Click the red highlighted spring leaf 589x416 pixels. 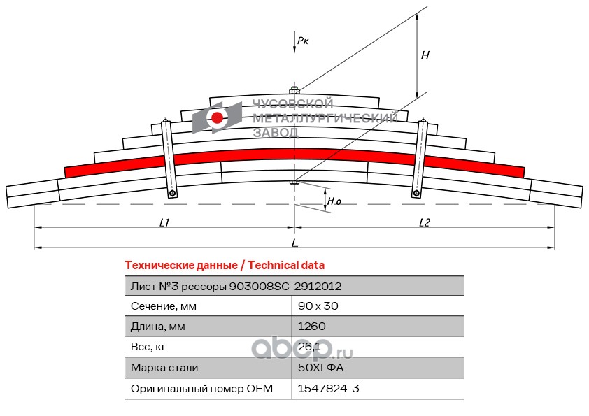(294, 155)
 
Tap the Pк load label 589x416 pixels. (303, 41)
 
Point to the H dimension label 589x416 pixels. (425, 55)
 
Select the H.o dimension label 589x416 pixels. (334, 201)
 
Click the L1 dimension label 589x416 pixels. (164, 222)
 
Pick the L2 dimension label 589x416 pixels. (425, 222)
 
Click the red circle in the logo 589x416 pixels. (217, 118)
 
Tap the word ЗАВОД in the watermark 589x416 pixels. (276, 133)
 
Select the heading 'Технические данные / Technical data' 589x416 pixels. (225, 266)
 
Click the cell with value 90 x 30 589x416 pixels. (318, 306)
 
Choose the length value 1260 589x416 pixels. (312, 327)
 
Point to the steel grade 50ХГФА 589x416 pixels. (321, 367)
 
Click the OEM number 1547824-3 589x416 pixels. (328, 388)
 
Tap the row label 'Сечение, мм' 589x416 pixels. (164, 306)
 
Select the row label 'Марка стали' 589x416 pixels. (164, 368)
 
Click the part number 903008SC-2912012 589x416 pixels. (285, 287)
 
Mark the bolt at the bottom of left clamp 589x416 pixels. (172, 194)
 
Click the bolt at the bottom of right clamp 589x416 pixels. (416, 194)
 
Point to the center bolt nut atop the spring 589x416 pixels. (294, 90)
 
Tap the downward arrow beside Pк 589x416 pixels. (294, 43)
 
